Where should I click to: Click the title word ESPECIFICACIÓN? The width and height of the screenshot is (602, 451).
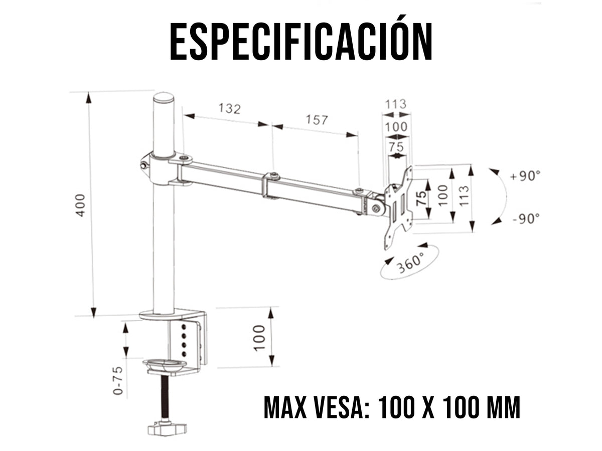click(x=301, y=41)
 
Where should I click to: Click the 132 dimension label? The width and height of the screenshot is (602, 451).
click(x=229, y=108)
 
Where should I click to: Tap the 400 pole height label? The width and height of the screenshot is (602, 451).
click(x=80, y=204)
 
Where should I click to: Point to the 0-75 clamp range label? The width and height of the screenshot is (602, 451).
click(x=117, y=381)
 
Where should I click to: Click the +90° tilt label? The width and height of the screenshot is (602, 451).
click(x=525, y=176)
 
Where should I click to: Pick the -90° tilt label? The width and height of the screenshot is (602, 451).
click(x=526, y=218)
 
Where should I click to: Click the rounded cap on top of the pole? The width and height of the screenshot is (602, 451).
click(x=164, y=97)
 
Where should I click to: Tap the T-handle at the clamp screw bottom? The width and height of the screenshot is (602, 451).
click(x=167, y=429)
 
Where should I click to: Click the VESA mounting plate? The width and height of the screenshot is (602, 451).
click(x=399, y=207)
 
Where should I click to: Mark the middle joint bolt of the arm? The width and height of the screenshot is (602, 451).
click(x=274, y=175)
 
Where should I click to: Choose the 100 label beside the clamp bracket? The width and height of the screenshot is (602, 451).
click(x=258, y=337)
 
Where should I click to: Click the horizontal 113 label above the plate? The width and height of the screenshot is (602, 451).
click(x=395, y=104)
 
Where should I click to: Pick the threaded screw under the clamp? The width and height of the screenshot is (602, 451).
click(x=164, y=398)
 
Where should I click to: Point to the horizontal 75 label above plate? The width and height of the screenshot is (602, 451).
click(x=396, y=147)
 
